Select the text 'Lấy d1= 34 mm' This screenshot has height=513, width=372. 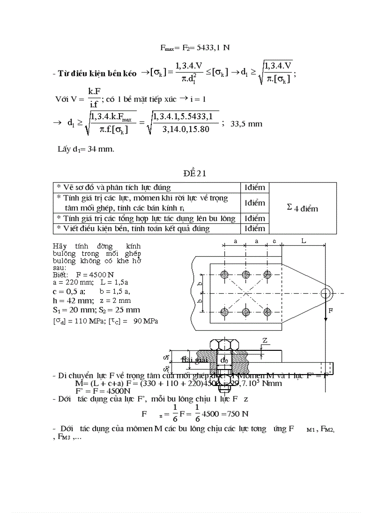86,149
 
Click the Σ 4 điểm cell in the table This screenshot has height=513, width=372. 303,208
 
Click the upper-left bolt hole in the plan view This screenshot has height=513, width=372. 224,275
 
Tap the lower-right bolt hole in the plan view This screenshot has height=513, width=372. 268,312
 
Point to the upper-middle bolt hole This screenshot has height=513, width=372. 246,275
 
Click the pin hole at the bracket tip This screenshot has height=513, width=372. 325,293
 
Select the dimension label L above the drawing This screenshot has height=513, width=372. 304,240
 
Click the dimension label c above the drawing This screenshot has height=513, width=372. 274,240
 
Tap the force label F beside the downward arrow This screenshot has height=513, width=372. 331,310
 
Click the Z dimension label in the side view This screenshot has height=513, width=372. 265,340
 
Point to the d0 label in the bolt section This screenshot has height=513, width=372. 224,360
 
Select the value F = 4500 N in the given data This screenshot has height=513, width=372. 95,275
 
